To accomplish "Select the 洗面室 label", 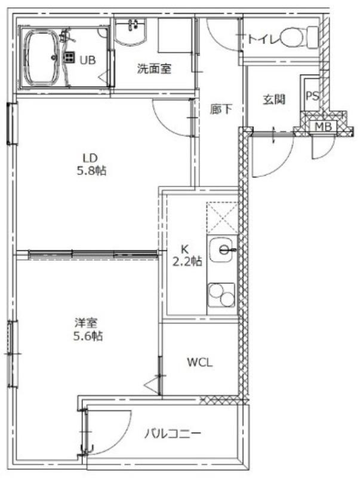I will tap(154, 69).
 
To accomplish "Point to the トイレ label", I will tap(262, 39).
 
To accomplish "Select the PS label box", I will tap(312, 96).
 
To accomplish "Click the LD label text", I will tap(90, 158).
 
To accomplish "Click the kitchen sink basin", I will tap(222, 249).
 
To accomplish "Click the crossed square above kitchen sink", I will tap(221, 217).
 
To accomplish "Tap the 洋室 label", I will tap(85, 323).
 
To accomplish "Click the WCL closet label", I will tap(199, 362).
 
